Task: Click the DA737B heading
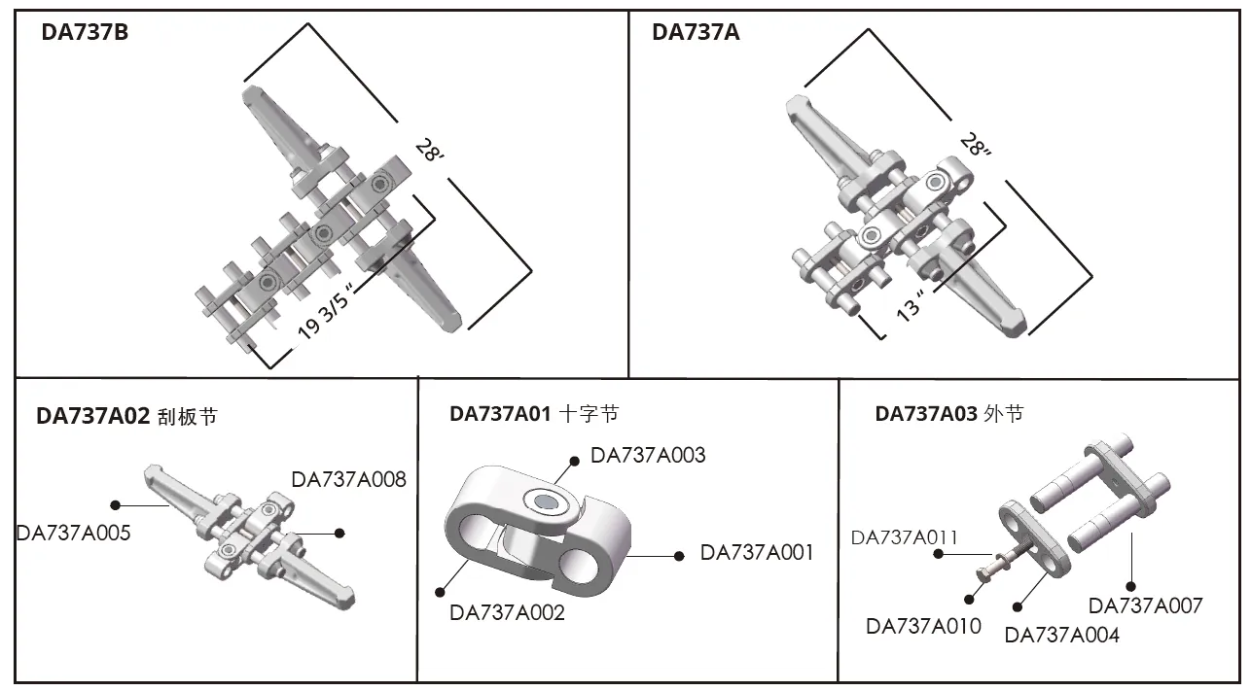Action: tap(84, 32)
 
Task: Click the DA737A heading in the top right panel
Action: tap(696, 32)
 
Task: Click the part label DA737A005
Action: tap(74, 533)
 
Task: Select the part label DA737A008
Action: tap(348, 479)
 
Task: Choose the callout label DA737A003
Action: tap(648, 455)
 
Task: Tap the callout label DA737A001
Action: tap(757, 553)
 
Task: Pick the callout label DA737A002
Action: tap(507, 612)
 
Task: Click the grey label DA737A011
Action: tap(905, 537)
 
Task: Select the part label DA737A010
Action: tap(924, 626)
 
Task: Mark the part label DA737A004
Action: tap(1061, 636)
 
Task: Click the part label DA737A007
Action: tap(1145, 605)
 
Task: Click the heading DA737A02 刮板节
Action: tap(126, 417)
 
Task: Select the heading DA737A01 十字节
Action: tap(533, 413)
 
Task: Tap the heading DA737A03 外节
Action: tap(948, 413)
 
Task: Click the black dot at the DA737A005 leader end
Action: tap(116, 505)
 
